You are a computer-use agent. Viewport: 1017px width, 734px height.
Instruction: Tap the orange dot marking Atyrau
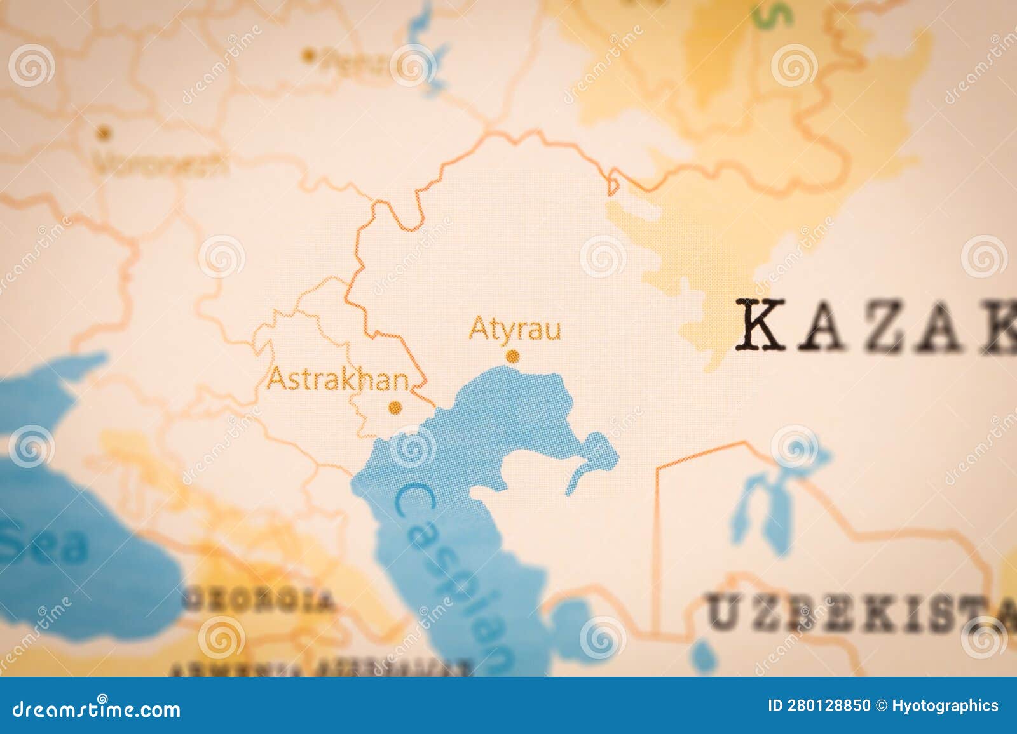(512, 357)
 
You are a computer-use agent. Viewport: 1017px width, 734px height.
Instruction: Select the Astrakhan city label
(338, 380)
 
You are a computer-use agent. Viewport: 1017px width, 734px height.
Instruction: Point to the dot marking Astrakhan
(395, 407)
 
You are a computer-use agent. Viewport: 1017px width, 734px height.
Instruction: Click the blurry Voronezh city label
(160, 164)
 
